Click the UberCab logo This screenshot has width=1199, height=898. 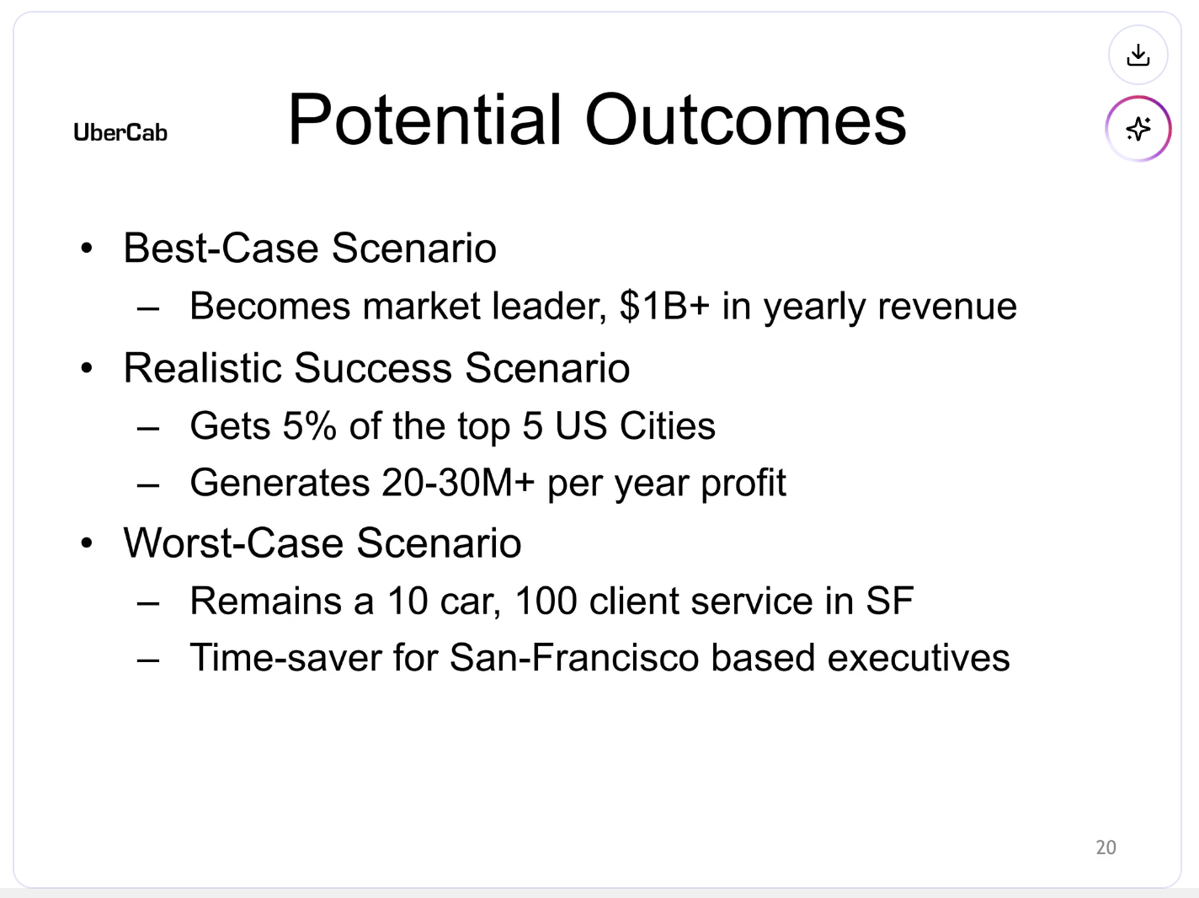(x=120, y=132)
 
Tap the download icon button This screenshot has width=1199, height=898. (x=1138, y=56)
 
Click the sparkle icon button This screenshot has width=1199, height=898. (x=1138, y=129)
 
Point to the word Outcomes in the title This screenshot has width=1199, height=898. (x=745, y=120)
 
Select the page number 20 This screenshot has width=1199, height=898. (x=1106, y=847)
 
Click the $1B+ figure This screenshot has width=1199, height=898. (x=664, y=306)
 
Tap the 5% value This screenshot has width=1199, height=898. (x=309, y=425)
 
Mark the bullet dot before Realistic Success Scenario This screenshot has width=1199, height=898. (x=87, y=369)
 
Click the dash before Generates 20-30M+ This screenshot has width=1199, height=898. (x=148, y=485)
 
